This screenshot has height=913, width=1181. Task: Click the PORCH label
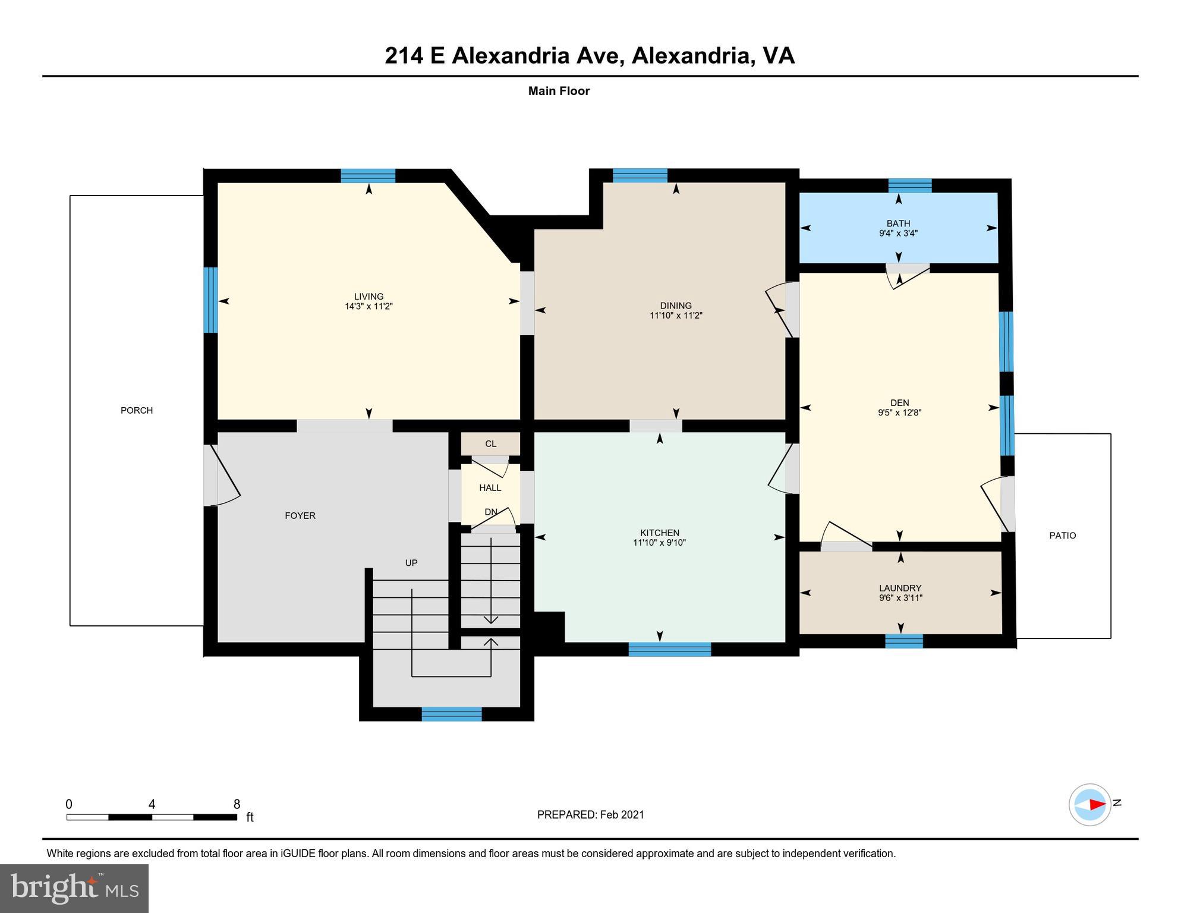[137, 410]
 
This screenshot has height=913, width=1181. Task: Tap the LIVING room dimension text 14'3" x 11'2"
[369, 307]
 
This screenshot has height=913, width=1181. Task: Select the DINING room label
[676, 306]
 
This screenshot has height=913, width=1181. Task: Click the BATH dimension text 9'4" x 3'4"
[898, 234]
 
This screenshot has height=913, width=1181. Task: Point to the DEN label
[900, 402]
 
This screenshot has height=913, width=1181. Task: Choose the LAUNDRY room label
[900, 588]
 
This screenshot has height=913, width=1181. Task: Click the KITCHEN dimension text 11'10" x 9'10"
[659, 543]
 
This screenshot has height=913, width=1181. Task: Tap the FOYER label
[300, 515]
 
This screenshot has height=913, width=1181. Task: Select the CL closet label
[490, 443]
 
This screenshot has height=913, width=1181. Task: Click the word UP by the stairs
[411, 562]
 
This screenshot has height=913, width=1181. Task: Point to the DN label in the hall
[490, 512]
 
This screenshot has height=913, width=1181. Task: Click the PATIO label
[1062, 535]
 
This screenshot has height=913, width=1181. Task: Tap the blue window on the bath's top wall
[909, 185]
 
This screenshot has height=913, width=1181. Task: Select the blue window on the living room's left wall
[210, 300]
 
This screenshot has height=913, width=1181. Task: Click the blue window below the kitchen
[669, 649]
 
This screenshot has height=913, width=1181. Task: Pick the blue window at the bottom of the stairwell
[452, 714]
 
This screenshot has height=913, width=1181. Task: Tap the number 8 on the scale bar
[237, 804]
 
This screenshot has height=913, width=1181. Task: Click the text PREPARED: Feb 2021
[590, 814]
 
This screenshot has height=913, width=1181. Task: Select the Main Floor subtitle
[559, 91]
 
